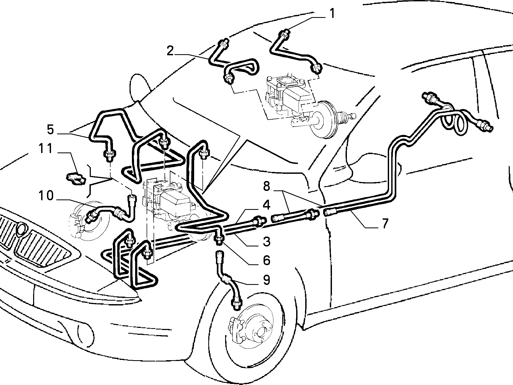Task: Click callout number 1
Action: [x=332, y=13]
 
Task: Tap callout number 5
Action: [x=50, y=130]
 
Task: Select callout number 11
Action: [x=45, y=149]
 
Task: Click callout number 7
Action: [x=384, y=223]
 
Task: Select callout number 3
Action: [x=266, y=241]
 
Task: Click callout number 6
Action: [x=266, y=260]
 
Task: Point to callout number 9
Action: [x=266, y=280]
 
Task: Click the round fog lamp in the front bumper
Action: [x=86, y=332]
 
